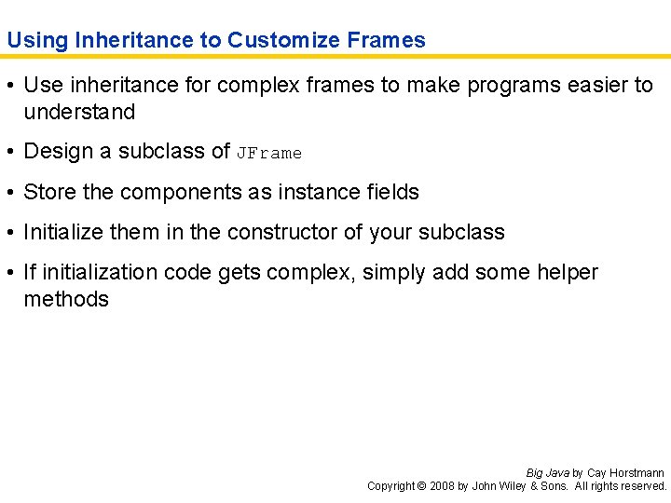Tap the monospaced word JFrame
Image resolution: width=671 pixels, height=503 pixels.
(269, 153)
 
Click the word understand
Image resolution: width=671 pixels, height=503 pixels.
(79, 113)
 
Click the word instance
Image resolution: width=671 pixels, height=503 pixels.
(313, 193)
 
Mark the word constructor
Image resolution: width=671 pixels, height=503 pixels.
(284, 233)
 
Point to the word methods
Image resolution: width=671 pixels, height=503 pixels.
(66, 300)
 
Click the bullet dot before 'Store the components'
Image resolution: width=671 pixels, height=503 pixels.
(11, 193)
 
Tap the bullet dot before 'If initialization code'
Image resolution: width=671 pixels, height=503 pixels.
(11, 273)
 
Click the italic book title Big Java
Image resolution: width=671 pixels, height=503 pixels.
(548, 473)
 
